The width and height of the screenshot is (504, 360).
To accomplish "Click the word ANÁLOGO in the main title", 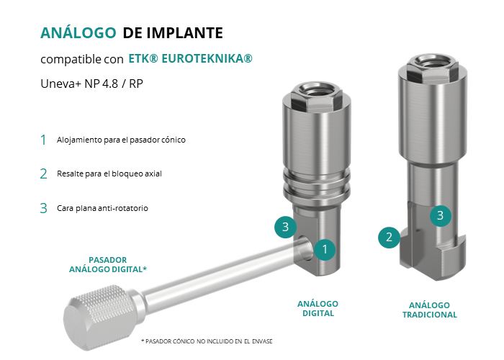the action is point(78,32).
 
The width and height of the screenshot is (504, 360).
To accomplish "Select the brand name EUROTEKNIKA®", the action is point(207,58).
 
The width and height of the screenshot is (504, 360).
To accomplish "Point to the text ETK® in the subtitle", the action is point(143,58).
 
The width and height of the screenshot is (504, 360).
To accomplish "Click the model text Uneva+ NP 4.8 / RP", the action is point(91,84).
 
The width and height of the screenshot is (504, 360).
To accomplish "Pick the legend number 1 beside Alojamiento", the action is point(43,140).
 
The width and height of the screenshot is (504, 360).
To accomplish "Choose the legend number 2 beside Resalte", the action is point(44,174).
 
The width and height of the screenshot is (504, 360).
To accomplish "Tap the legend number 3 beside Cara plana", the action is point(44,208).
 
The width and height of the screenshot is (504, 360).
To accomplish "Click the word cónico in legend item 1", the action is point(175,140).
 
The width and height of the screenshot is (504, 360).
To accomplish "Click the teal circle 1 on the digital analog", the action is point(325,249).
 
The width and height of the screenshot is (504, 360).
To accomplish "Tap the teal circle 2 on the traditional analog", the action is point(389,237).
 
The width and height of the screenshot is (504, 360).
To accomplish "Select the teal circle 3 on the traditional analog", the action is point(441,216).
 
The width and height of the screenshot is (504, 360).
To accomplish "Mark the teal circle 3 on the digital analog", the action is point(285,228).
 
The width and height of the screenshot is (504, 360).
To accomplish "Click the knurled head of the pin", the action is point(98,317).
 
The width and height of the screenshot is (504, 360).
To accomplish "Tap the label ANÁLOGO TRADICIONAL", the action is point(429,310).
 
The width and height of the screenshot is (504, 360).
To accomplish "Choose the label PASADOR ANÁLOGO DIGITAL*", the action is point(108,264).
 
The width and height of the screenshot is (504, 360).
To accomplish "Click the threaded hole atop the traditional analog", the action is point(432,60).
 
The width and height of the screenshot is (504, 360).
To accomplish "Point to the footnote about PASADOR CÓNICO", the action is point(207,341).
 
